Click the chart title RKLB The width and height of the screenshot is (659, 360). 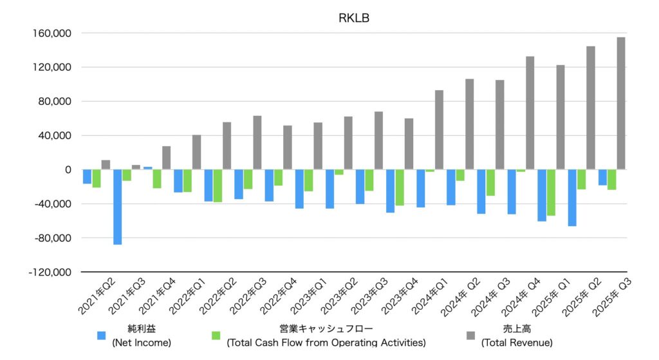pos(353,17)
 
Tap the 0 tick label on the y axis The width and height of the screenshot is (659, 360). pos(68,170)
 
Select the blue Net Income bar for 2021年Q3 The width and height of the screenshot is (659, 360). pos(118,207)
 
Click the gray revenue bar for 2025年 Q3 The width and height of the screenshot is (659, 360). pos(621,103)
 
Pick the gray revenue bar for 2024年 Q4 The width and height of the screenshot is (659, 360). pos(530,113)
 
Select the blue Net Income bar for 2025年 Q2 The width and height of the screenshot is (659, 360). pos(572,198)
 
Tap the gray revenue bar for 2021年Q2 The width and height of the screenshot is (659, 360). pos(106,165)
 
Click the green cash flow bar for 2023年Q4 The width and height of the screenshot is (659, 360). pos(399,187)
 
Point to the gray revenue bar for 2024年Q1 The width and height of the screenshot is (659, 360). pos(439,129)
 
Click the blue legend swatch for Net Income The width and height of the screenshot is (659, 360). pos(102,336)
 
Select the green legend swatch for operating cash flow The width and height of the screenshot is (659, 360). pos(216,336)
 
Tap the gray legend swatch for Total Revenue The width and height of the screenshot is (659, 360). pos(470,336)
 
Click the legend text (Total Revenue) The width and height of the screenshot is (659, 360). pos(516,343)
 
